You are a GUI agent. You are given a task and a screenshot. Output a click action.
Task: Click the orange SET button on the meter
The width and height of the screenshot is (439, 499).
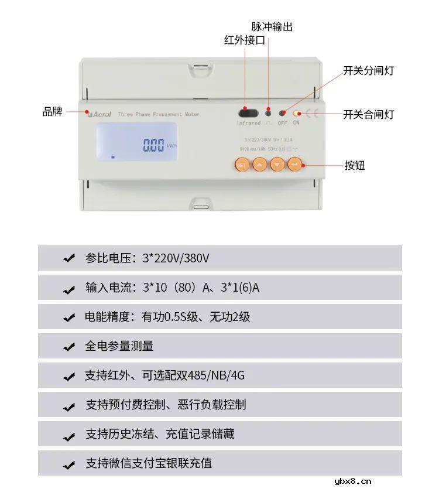(x=242, y=165)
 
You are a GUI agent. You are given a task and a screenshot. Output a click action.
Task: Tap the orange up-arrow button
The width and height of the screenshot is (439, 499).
(x=259, y=165)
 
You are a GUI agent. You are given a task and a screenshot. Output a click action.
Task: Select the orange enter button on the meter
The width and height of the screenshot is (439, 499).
(x=294, y=165)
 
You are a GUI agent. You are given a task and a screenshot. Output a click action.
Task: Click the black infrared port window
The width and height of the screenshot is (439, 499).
(x=248, y=112)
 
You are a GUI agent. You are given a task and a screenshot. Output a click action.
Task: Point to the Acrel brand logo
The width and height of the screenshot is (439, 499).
(x=99, y=115)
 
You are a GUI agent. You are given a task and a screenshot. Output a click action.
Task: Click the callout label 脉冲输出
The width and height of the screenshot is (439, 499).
(x=272, y=26)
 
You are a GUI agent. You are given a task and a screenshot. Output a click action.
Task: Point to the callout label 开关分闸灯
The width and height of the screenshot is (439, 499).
(x=368, y=71)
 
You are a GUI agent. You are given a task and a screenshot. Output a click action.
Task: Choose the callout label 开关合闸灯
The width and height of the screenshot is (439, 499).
(x=368, y=114)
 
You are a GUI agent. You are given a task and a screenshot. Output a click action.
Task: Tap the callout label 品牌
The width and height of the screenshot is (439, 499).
(x=52, y=111)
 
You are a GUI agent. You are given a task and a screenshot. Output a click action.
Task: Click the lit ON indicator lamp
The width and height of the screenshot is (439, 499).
(x=296, y=112)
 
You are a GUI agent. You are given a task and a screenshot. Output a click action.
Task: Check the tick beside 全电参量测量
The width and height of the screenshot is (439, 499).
(x=69, y=347)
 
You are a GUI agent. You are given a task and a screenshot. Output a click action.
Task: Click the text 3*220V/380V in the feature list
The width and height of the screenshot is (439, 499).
(x=176, y=258)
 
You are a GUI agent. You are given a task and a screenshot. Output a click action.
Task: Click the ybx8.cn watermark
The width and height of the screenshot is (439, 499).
(x=352, y=481)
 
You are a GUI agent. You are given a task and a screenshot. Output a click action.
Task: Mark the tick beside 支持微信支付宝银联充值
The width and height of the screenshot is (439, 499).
(x=69, y=464)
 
